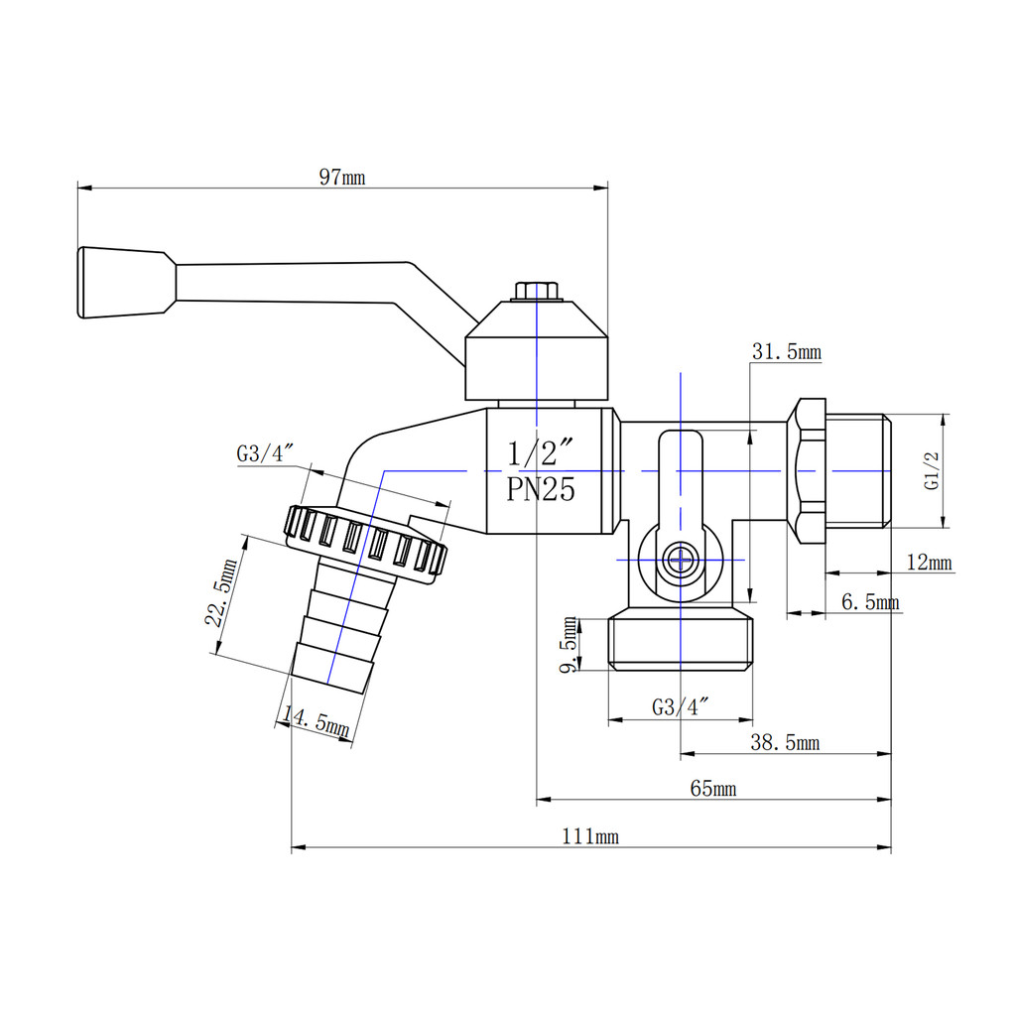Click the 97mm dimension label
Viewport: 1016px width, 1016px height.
pyautogui.click(x=342, y=177)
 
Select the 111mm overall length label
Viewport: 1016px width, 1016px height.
pyautogui.click(x=589, y=836)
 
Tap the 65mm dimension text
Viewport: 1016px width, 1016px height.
pyautogui.click(x=712, y=789)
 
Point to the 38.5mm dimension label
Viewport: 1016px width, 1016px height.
pyautogui.click(x=785, y=742)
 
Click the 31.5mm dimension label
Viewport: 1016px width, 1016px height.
pyautogui.click(x=787, y=352)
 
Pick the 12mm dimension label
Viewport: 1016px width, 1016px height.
pyautogui.click(x=929, y=562)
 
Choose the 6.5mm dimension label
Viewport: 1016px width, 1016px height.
pyautogui.click(x=870, y=602)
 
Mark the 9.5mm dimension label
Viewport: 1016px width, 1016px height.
pyautogui.click(x=569, y=645)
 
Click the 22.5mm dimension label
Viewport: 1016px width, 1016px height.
pyautogui.click(x=221, y=592)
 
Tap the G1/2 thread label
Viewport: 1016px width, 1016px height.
pyautogui.click(x=932, y=471)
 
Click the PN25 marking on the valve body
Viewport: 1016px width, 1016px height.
pyautogui.click(x=541, y=489)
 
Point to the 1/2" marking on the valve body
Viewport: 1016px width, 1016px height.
pyautogui.click(x=541, y=452)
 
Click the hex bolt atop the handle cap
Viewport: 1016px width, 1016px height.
pyautogui.click(x=537, y=291)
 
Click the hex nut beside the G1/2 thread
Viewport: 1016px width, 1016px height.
pyautogui.click(x=806, y=471)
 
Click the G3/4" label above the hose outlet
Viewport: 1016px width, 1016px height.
pyautogui.click(x=264, y=452)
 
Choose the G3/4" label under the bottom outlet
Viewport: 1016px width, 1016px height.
pyautogui.click(x=680, y=706)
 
